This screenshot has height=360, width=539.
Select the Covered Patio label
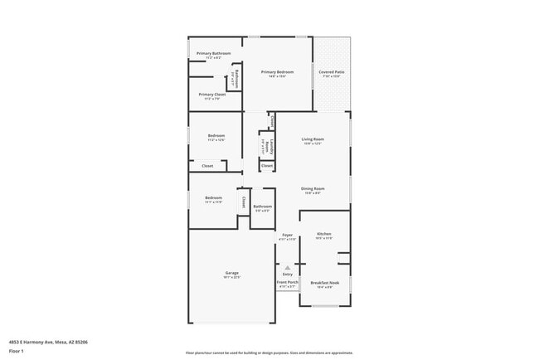coord(332,72)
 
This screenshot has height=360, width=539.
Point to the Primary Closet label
coord(211,95)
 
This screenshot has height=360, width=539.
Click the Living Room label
coord(312,139)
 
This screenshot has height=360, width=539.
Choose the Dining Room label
coord(312,188)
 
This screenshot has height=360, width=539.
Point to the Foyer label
coord(287,235)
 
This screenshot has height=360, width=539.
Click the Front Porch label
coord(287,283)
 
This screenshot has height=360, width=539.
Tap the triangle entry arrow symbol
coord(287,267)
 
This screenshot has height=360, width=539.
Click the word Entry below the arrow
coord(287,274)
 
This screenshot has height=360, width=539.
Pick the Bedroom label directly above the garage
coord(213,197)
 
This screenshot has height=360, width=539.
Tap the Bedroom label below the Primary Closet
coord(216,135)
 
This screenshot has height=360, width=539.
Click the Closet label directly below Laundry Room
coord(266,166)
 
